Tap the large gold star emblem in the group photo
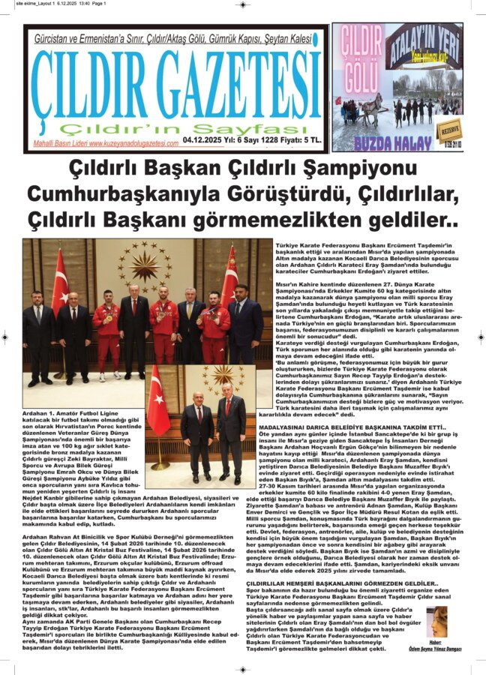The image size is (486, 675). (145, 265)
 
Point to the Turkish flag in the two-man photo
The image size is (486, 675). (157, 408)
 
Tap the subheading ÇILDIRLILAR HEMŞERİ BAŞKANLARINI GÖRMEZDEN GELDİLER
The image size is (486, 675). (352, 582)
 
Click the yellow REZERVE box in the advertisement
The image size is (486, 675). (450, 125)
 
